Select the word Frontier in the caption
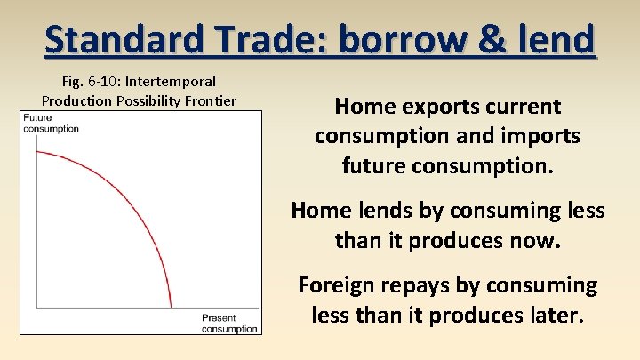click(x=211, y=100)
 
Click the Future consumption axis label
click(x=51, y=124)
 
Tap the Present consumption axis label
click(x=229, y=324)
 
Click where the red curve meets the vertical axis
click(x=34, y=152)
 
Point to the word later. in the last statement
click(x=556, y=316)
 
